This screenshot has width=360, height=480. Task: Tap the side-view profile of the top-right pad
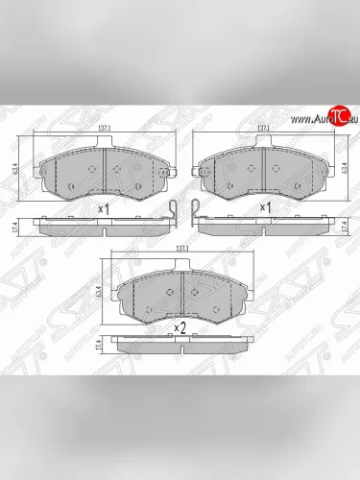coord(260,224)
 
